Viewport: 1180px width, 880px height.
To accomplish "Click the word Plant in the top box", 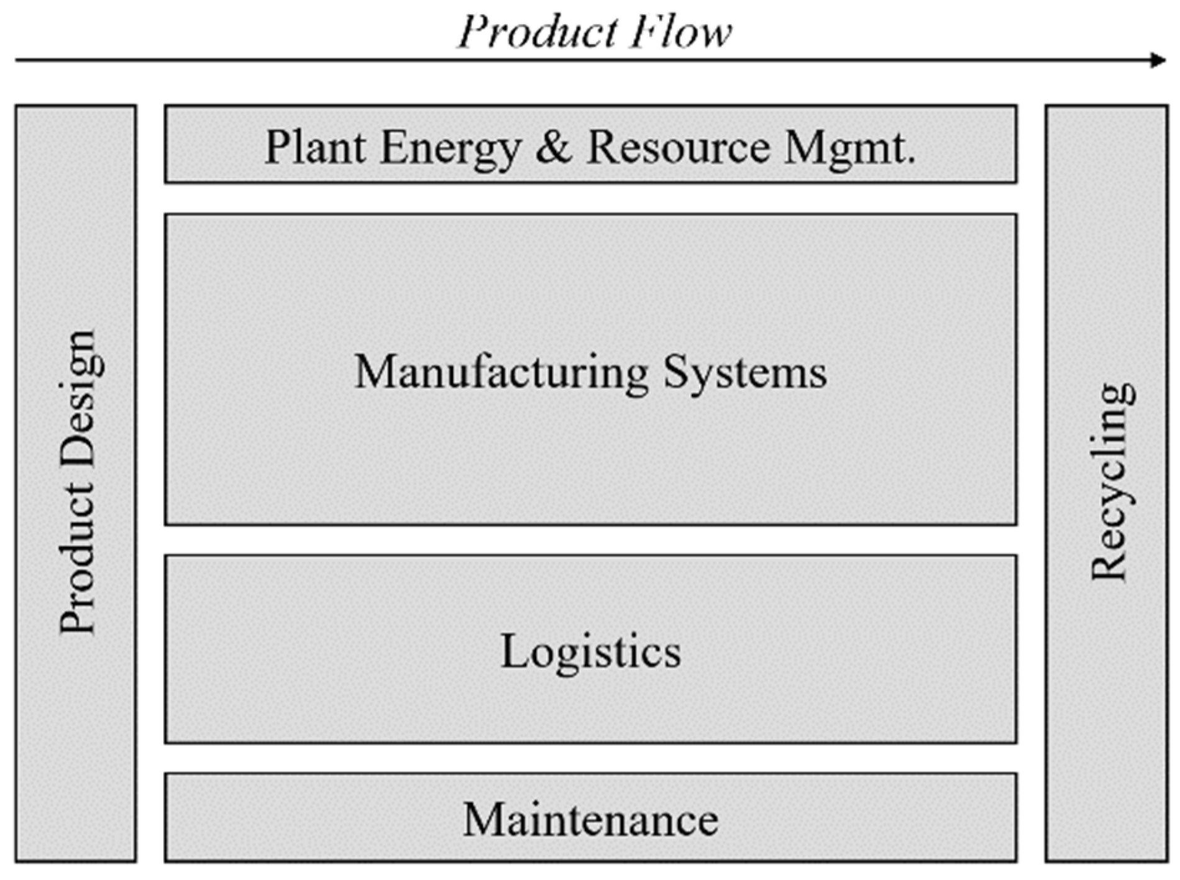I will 316,148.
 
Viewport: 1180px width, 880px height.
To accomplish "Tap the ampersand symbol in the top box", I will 553,148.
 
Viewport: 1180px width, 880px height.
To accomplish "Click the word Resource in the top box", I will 678,148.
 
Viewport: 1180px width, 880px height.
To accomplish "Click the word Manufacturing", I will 501,373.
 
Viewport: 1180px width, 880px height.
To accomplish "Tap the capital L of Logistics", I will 514,651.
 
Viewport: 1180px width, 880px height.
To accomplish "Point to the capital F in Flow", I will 645,32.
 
